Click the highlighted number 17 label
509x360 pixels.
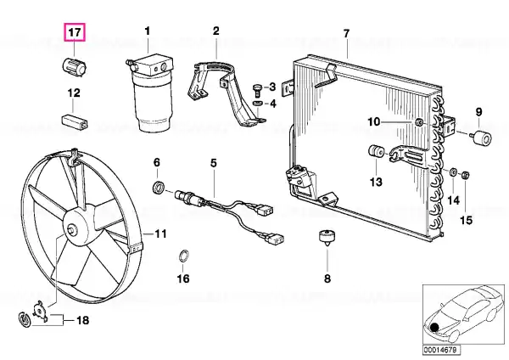pyautogui.click(x=75, y=32)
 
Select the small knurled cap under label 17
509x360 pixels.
pyautogui.click(x=75, y=66)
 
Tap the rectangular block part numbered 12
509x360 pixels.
pyautogui.click(x=75, y=121)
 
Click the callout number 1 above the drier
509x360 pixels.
pyautogui.click(x=148, y=31)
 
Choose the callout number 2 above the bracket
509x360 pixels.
pyautogui.click(x=216, y=31)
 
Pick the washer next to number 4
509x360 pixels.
pyautogui.click(x=257, y=104)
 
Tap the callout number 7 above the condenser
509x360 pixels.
pyautogui.click(x=346, y=33)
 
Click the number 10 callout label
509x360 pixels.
pyautogui.click(x=373, y=122)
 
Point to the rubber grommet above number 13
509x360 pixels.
pyautogui.click(x=376, y=152)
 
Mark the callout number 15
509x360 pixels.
pyautogui.click(x=466, y=220)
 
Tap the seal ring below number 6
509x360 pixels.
pyautogui.click(x=159, y=188)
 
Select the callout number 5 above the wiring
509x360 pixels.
pyautogui.click(x=213, y=163)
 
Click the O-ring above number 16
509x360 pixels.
pyautogui.click(x=184, y=256)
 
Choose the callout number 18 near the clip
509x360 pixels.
pyautogui.click(x=82, y=320)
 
